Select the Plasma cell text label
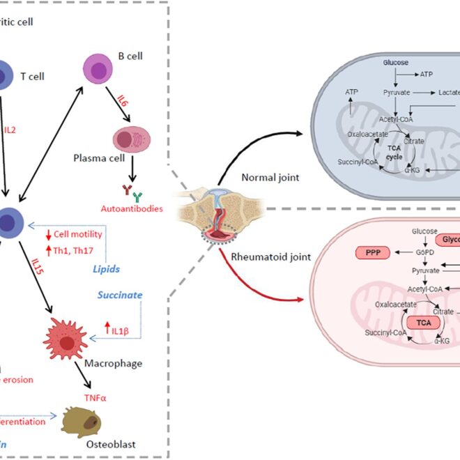click(99, 158)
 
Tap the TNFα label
click(95, 397)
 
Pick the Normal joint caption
click(270, 177)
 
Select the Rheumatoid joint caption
click(272, 256)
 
